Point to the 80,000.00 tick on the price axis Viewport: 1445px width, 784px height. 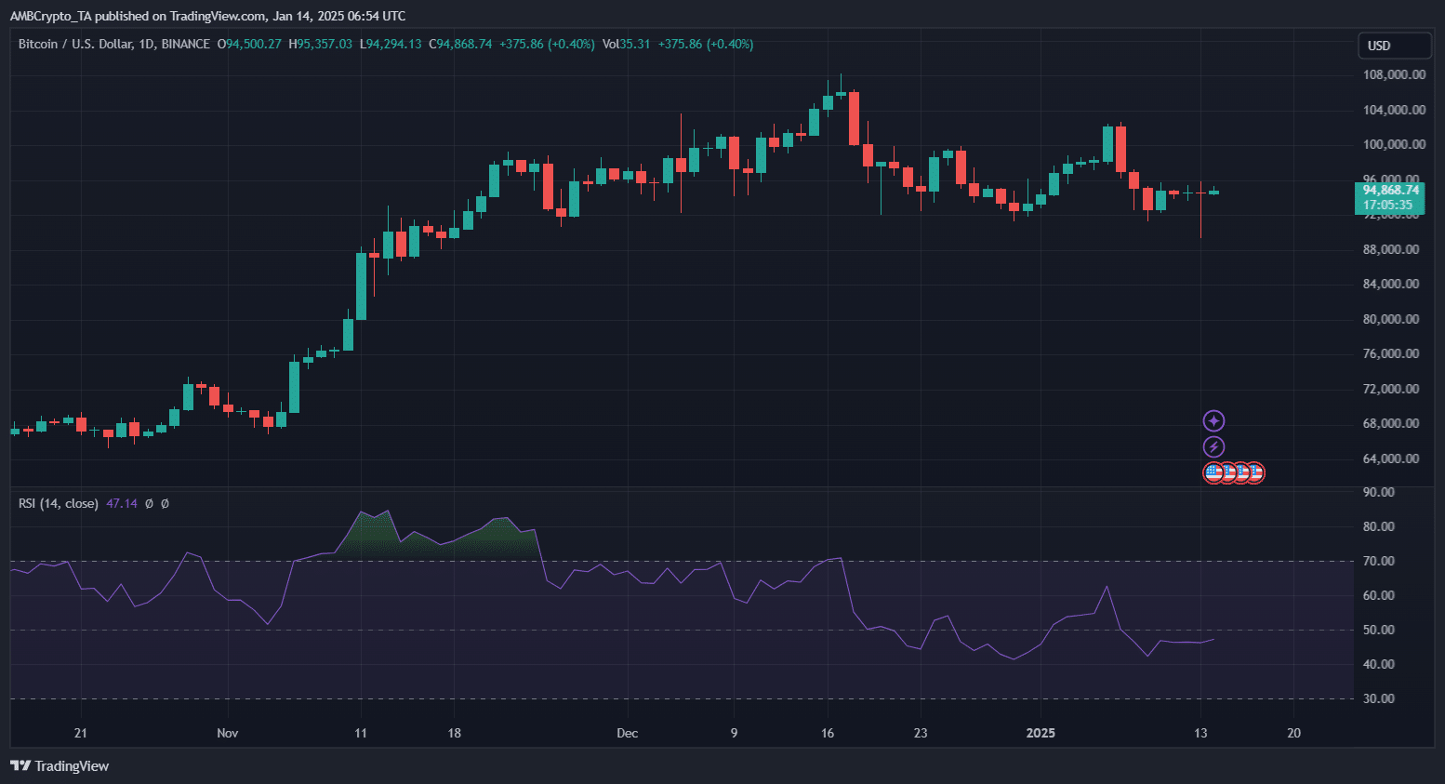(1391, 319)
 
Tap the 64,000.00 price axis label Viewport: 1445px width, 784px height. (1391, 458)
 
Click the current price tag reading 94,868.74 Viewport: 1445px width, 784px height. (1390, 190)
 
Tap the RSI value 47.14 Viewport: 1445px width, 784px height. (122, 503)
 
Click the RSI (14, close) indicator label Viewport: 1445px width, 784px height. (59, 503)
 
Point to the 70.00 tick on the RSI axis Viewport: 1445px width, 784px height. (1379, 561)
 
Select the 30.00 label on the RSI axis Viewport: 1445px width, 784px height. (1379, 698)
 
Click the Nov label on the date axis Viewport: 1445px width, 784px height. (228, 733)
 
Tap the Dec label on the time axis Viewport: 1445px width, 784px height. (628, 733)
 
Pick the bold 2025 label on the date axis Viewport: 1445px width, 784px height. (1041, 733)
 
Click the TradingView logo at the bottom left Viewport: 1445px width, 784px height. (60, 765)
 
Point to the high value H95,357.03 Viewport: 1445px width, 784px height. (321, 44)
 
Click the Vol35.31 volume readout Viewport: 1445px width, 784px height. (626, 44)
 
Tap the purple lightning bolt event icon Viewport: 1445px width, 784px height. (1213, 447)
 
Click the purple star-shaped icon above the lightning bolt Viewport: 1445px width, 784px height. (1213, 421)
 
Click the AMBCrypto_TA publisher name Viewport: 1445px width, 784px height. (52, 16)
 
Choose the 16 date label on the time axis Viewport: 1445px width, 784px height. (828, 733)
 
